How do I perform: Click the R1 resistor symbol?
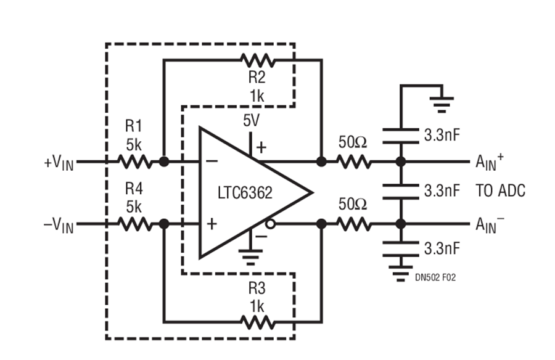coord(134,162)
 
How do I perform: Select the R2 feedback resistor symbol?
coord(258,60)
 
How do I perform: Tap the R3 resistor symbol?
coord(258,321)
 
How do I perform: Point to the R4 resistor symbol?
coord(134,224)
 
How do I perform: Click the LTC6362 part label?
coord(245,193)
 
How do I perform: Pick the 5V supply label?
coord(251,121)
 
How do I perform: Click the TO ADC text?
coord(500,191)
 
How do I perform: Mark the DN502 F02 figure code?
coord(435,278)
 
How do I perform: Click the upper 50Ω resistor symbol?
coord(353,162)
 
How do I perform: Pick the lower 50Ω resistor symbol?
coord(353,224)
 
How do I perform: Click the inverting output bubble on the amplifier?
coord(269,225)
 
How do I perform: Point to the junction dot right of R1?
coord(163,162)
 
